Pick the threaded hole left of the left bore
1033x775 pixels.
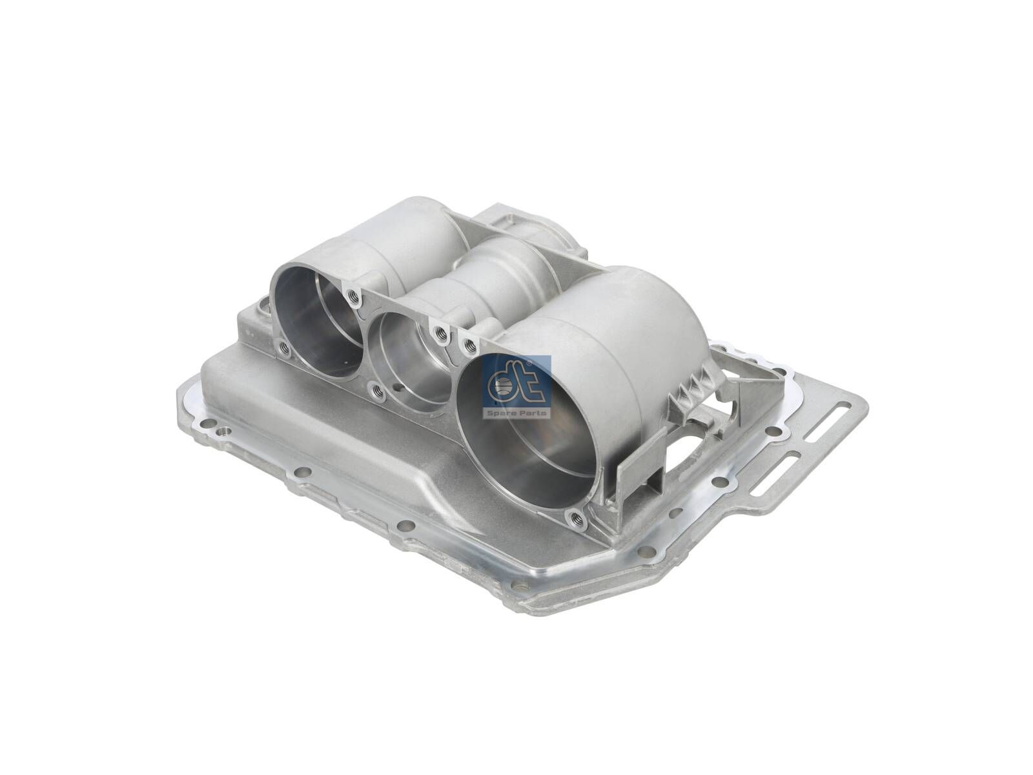(x=282, y=347)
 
